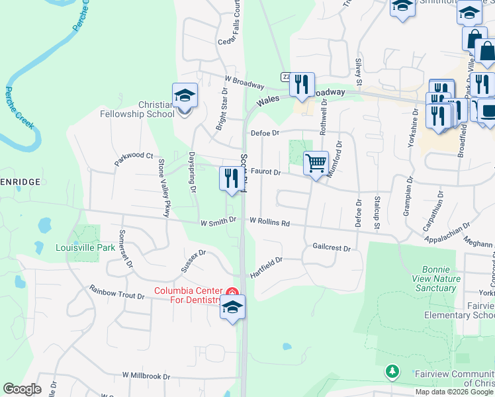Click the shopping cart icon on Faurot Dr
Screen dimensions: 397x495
[316, 163]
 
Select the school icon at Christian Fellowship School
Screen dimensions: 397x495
[185, 95]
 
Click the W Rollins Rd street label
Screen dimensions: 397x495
[269, 222]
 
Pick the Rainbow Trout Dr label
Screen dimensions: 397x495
[116, 292]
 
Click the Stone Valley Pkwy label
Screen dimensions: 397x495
[163, 188]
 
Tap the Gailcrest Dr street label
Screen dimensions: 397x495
[331, 247]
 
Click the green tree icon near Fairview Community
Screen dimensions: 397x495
[392, 372]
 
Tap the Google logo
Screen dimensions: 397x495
[22, 389]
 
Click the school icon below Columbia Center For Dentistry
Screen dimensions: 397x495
[232, 308]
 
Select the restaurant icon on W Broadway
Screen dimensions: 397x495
[302, 84]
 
